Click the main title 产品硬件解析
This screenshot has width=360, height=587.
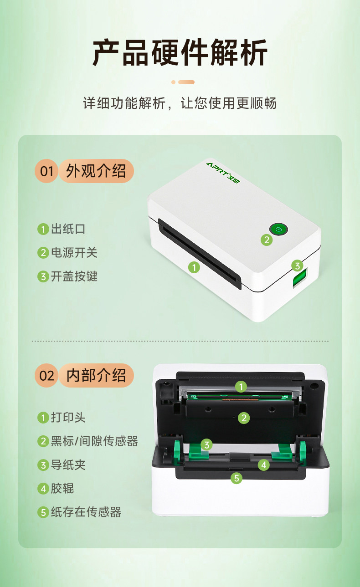(180, 52)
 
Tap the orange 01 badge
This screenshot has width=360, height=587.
(46, 171)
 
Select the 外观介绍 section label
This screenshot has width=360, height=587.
(96, 171)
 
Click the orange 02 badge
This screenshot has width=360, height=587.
(46, 376)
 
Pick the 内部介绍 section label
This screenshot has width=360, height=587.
(96, 376)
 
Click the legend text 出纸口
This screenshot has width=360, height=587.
(68, 229)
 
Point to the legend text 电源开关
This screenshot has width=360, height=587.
(74, 253)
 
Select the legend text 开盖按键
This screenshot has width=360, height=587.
(74, 276)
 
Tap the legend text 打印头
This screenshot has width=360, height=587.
(68, 418)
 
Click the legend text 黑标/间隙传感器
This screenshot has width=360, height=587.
(94, 441)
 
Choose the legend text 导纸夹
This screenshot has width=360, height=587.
(68, 465)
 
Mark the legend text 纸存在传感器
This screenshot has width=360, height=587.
(86, 512)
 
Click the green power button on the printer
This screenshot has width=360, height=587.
(279, 230)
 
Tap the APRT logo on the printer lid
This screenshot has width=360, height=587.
(222, 173)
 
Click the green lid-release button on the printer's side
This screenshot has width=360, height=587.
(300, 277)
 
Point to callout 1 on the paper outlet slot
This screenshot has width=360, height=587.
(194, 268)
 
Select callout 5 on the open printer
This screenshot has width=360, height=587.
(237, 478)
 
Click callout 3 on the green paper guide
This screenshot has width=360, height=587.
(206, 445)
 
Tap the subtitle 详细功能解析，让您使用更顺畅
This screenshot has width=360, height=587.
(180, 103)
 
